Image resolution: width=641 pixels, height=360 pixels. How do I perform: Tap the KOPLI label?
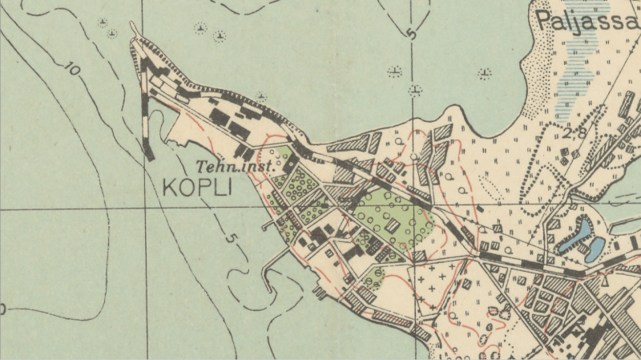coord(196,188)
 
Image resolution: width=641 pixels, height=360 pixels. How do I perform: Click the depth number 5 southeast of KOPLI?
coord(230,238)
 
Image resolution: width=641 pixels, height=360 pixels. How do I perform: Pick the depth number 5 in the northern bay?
coord(412,34)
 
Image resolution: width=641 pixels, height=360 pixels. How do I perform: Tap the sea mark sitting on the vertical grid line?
coord(414,90)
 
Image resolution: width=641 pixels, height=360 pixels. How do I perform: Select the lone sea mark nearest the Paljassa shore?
coord(484,75)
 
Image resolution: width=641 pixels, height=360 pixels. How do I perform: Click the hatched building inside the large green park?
coord(392,226)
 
